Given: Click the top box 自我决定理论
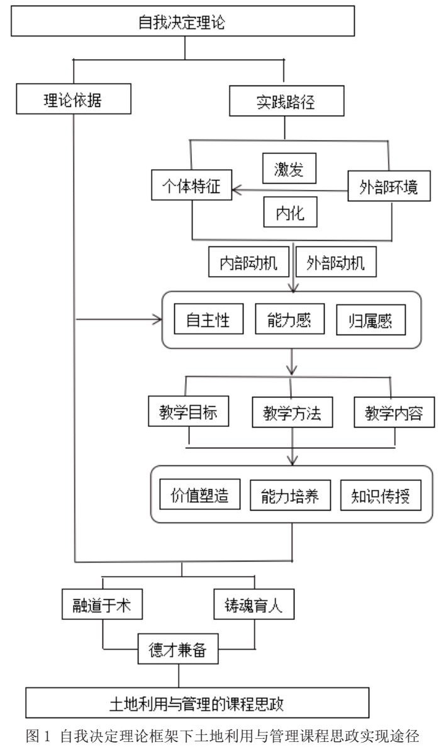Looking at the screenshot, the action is (x=182, y=21).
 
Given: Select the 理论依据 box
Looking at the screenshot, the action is (x=74, y=99).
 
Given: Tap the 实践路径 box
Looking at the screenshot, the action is (x=286, y=101).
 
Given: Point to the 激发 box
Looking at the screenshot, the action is (x=289, y=168).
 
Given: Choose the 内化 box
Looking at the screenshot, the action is (x=290, y=212).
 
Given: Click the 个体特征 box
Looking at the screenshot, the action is (x=192, y=185).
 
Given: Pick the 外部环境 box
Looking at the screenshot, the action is (x=389, y=185).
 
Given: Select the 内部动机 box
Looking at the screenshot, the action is (x=248, y=262).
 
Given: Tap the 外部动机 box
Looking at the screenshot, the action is (x=336, y=262).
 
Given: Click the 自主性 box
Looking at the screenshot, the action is (x=209, y=319).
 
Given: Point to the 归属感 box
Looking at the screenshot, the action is (x=371, y=320).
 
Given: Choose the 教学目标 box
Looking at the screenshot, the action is (x=188, y=411).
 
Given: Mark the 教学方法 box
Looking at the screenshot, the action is (x=292, y=412).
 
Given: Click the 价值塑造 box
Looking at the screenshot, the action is (x=199, y=494).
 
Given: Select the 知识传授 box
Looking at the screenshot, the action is (x=381, y=495).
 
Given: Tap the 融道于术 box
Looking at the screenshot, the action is (x=102, y=604).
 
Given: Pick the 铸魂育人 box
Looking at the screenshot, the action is (x=254, y=604).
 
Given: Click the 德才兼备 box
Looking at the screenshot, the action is (x=178, y=648).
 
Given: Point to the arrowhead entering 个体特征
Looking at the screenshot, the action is (x=237, y=191).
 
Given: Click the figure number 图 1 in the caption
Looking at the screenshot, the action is (x=38, y=736).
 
